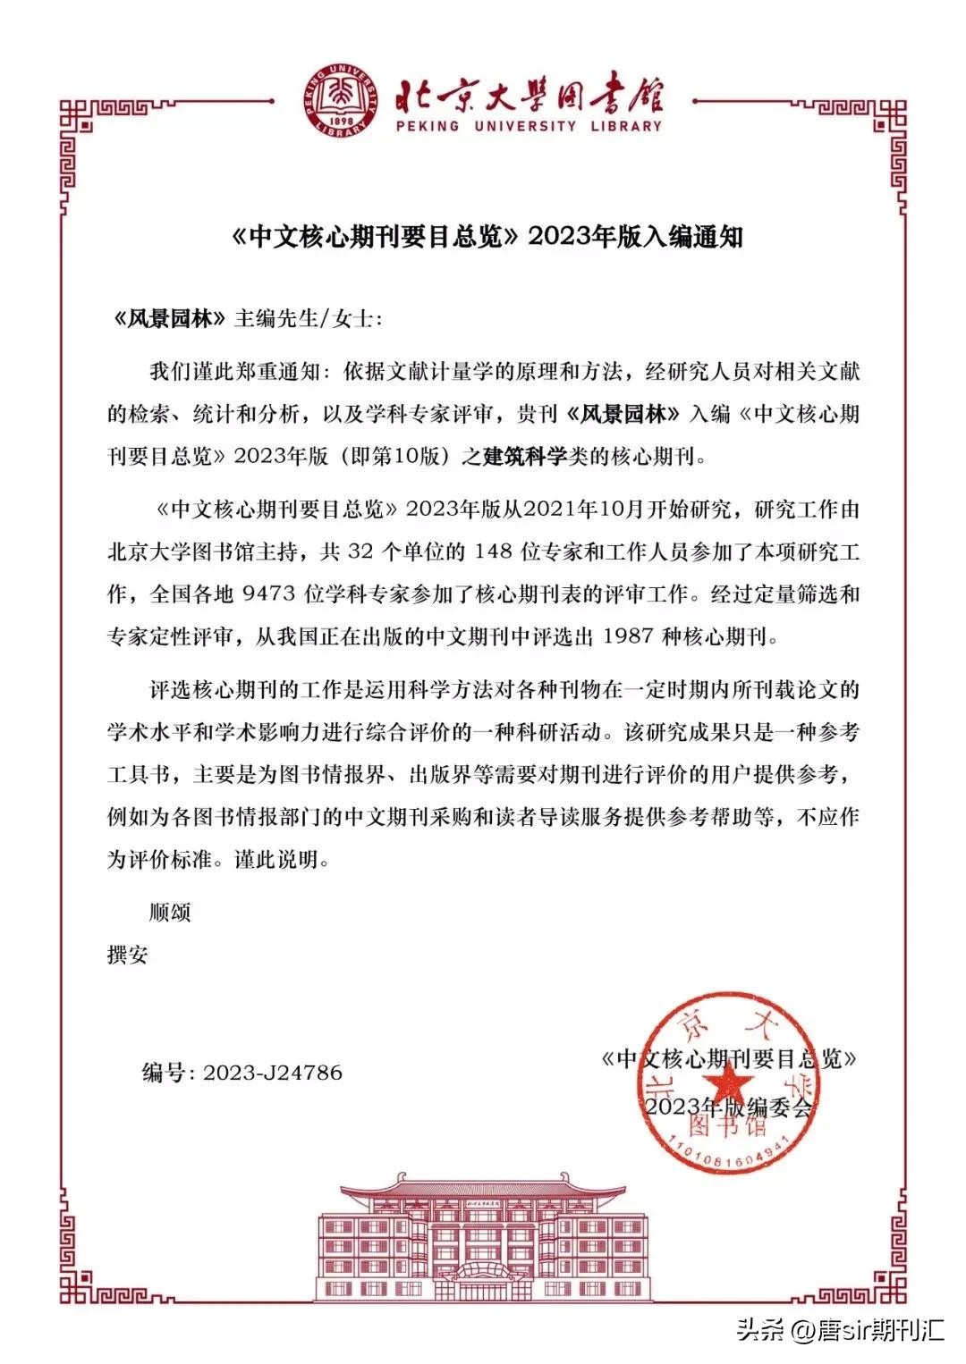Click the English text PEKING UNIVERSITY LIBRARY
click(x=528, y=126)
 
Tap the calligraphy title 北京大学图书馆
click(x=528, y=90)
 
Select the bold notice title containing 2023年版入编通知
click(x=483, y=237)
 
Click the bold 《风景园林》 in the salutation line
click(x=167, y=319)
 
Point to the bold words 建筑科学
click(x=524, y=457)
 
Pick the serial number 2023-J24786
click(x=273, y=1073)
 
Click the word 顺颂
click(x=170, y=913)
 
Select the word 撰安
click(x=128, y=956)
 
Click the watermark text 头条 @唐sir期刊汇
click(x=841, y=1330)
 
